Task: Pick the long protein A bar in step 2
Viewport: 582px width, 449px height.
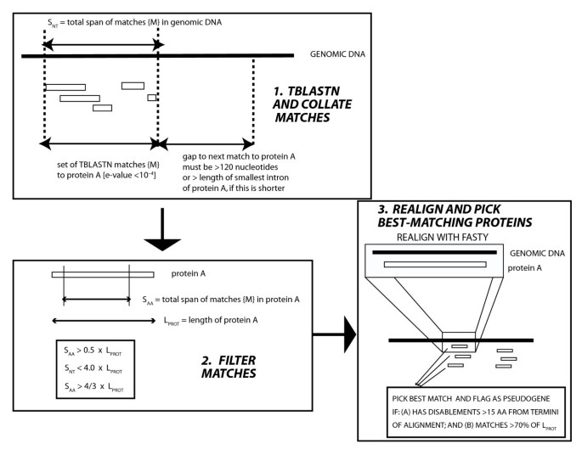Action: [x=102, y=274]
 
